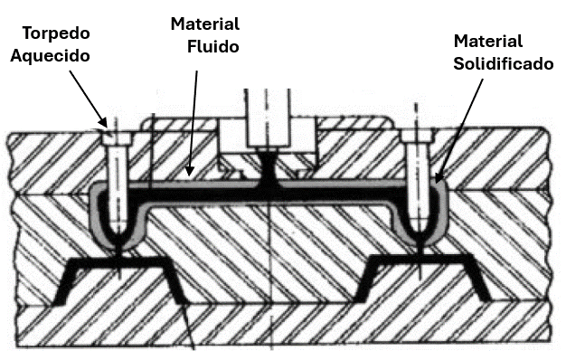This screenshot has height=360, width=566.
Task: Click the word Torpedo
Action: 56,34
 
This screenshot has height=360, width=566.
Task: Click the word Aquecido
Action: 50,56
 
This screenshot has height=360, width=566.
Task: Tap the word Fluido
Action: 213,47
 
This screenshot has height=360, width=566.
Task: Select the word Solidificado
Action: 504,64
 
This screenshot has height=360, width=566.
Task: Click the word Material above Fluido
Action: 205,24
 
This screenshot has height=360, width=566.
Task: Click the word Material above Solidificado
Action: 488,42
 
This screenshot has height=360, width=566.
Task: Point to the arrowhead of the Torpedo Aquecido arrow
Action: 103,123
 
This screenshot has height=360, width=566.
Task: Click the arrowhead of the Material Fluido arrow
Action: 190,170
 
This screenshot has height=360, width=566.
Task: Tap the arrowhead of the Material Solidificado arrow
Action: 438,177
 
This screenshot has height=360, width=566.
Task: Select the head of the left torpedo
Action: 116,137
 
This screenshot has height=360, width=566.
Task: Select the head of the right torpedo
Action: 418,136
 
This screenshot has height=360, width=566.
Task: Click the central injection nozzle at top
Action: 268,118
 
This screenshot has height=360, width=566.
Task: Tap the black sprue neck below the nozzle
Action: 268,166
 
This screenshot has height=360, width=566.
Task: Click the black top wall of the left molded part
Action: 118,262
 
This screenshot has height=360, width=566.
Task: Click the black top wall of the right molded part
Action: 421,260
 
